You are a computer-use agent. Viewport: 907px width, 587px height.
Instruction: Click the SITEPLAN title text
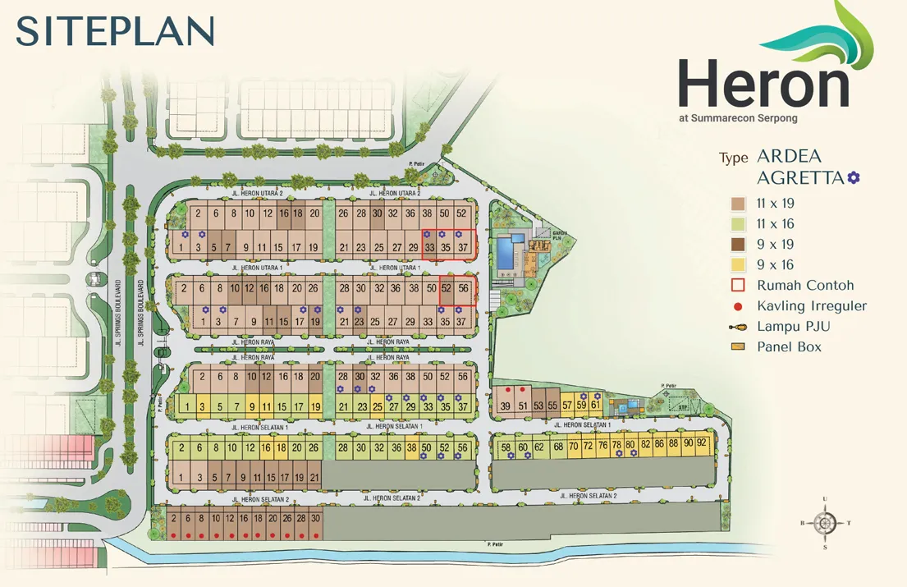tap(115, 31)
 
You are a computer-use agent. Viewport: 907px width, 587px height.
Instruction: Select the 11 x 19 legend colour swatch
tap(738, 204)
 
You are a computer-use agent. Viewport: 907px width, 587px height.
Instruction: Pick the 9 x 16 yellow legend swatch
tap(738, 265)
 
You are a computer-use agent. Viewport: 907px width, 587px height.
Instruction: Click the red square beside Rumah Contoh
tap(738, 286)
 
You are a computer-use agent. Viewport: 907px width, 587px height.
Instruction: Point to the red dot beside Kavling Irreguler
tap(738, 306)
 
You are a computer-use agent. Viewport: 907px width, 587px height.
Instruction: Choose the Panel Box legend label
tap(789, 347)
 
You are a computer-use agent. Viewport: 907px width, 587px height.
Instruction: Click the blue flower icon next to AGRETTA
tap(854, 177)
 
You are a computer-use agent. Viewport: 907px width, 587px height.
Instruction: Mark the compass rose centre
tap(826, 522)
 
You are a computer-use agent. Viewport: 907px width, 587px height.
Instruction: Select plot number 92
tap(701, 443)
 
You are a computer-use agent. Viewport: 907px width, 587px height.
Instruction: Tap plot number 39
tap(506, 406)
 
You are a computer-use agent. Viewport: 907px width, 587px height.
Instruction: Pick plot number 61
tap(595, 405)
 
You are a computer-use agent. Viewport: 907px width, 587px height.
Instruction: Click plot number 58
tap(506, 447)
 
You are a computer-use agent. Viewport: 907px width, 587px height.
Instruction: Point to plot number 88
tap(673, 443)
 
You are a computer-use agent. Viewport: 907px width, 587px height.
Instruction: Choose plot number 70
tap(574, 447)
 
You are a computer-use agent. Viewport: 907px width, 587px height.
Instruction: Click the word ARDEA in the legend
tap(789, 156)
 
